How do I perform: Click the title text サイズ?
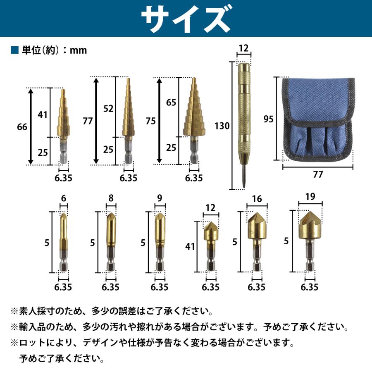coord(186,19)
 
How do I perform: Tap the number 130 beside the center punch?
coord(222,126)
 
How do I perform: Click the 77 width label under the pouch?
coord(317,174)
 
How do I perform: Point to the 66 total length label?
coord(22,127)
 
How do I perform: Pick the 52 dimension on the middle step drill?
coord(109,108)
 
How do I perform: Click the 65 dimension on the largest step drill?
coord(170,102)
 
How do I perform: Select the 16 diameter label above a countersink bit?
coord(257,199)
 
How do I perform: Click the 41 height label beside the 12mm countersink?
coord(191,247)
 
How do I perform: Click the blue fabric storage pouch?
coord(318,120)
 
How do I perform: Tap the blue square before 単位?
coord(14,50)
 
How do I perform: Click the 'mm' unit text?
coord(79,50)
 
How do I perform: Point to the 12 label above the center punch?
coord(243,49)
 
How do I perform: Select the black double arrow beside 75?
coord(159,121)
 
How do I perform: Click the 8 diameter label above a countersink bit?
coord(111,198)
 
